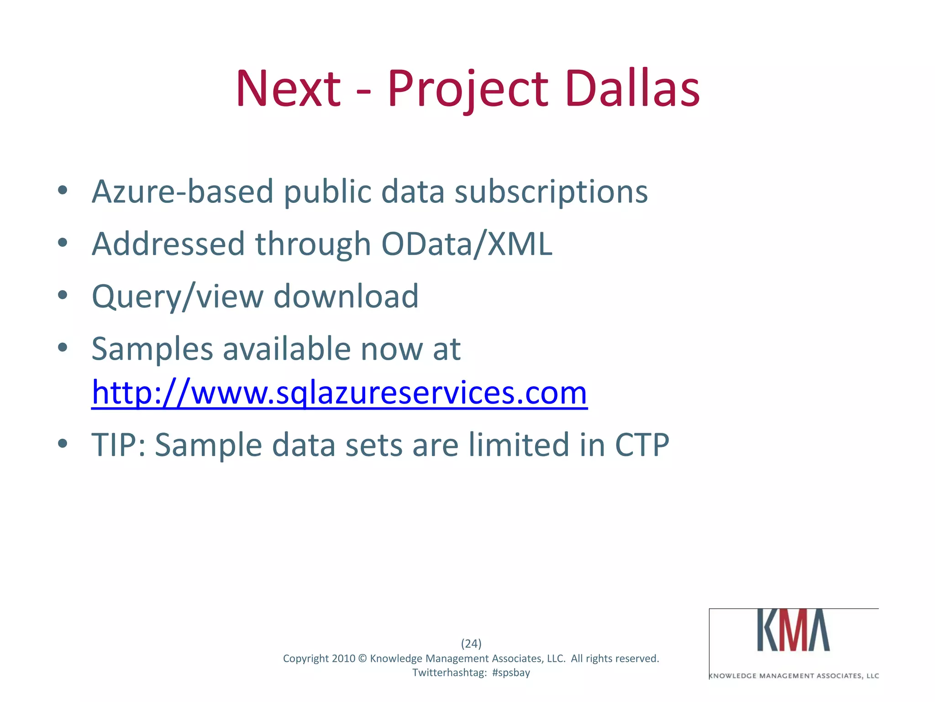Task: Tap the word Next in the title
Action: [288, 89]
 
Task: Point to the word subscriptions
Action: [551, 192]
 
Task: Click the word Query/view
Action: [178, 297]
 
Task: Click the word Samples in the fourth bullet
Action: [152, 349]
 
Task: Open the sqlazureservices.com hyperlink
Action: [339, 393]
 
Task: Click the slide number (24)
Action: [471, 643]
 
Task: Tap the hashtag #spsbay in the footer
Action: [511, 673]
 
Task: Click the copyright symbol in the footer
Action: [362, 659]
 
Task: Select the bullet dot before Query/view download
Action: [63, 295]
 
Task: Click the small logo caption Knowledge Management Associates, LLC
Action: [794, 675]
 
